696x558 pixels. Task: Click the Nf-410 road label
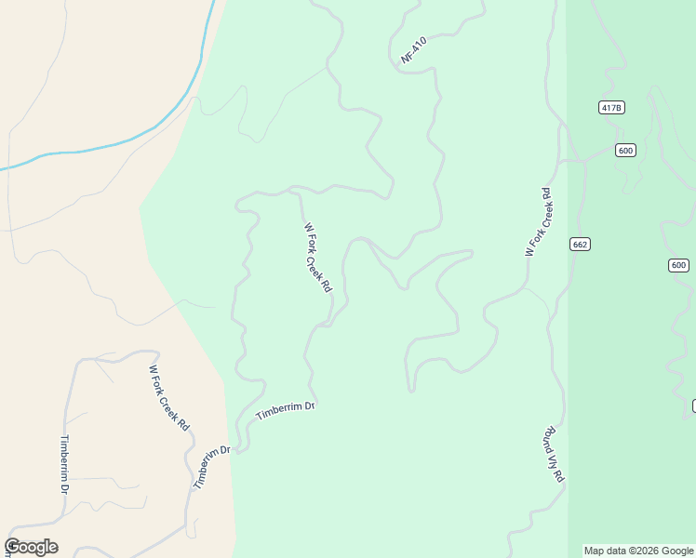click(413, 50)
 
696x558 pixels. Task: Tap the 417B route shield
click(611, 108)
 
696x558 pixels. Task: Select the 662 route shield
click(581, 244)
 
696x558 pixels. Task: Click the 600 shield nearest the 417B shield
click(625, 151)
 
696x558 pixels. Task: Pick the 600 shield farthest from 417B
click(678, 265)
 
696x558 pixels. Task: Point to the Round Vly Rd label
click(555, 454)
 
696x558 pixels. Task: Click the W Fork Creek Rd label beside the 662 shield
click(539, 221)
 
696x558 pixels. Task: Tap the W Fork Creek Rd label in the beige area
click(169, 397)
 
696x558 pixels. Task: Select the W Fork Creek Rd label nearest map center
click(317, 258)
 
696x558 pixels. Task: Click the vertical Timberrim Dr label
click(65, 463)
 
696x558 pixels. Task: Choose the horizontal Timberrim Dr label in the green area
click(286, 411)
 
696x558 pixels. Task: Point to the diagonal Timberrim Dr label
click(211, 468)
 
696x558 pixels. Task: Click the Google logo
click(31, 547)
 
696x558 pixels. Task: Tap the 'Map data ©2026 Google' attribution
click(638, 551)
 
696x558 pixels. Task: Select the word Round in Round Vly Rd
click(550, 437)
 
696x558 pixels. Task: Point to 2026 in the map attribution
click(653, 551)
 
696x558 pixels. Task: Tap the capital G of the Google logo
click(12, 547)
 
